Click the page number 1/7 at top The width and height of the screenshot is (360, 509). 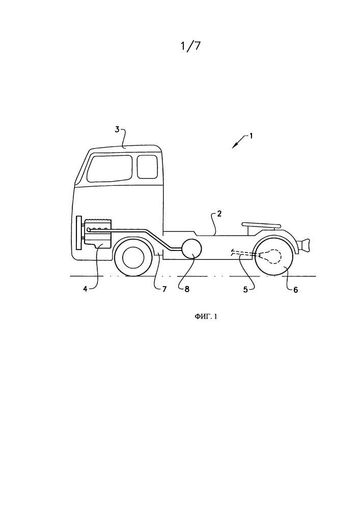tap(190, 46)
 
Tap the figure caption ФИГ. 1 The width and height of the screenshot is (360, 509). tap(206, 317)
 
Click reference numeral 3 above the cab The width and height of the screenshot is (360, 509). tap(117, 129)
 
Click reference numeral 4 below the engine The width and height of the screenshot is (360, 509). tap(85, 289)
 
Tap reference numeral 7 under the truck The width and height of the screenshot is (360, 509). tap(164, 289)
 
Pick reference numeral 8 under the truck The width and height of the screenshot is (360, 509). tap(187, 289)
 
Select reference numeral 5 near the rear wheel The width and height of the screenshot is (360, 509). tap(246, 289)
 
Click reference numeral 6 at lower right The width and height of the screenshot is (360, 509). tap(295, 289)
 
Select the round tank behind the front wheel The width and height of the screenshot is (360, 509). tap(191, 249)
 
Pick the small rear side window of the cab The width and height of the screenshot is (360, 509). tap(147, 166)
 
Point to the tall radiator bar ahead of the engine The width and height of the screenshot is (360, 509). tap(78, 233)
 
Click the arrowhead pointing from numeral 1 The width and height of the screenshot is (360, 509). tap(234, 147)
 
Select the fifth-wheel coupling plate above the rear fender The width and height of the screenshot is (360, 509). tap(261, 224)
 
